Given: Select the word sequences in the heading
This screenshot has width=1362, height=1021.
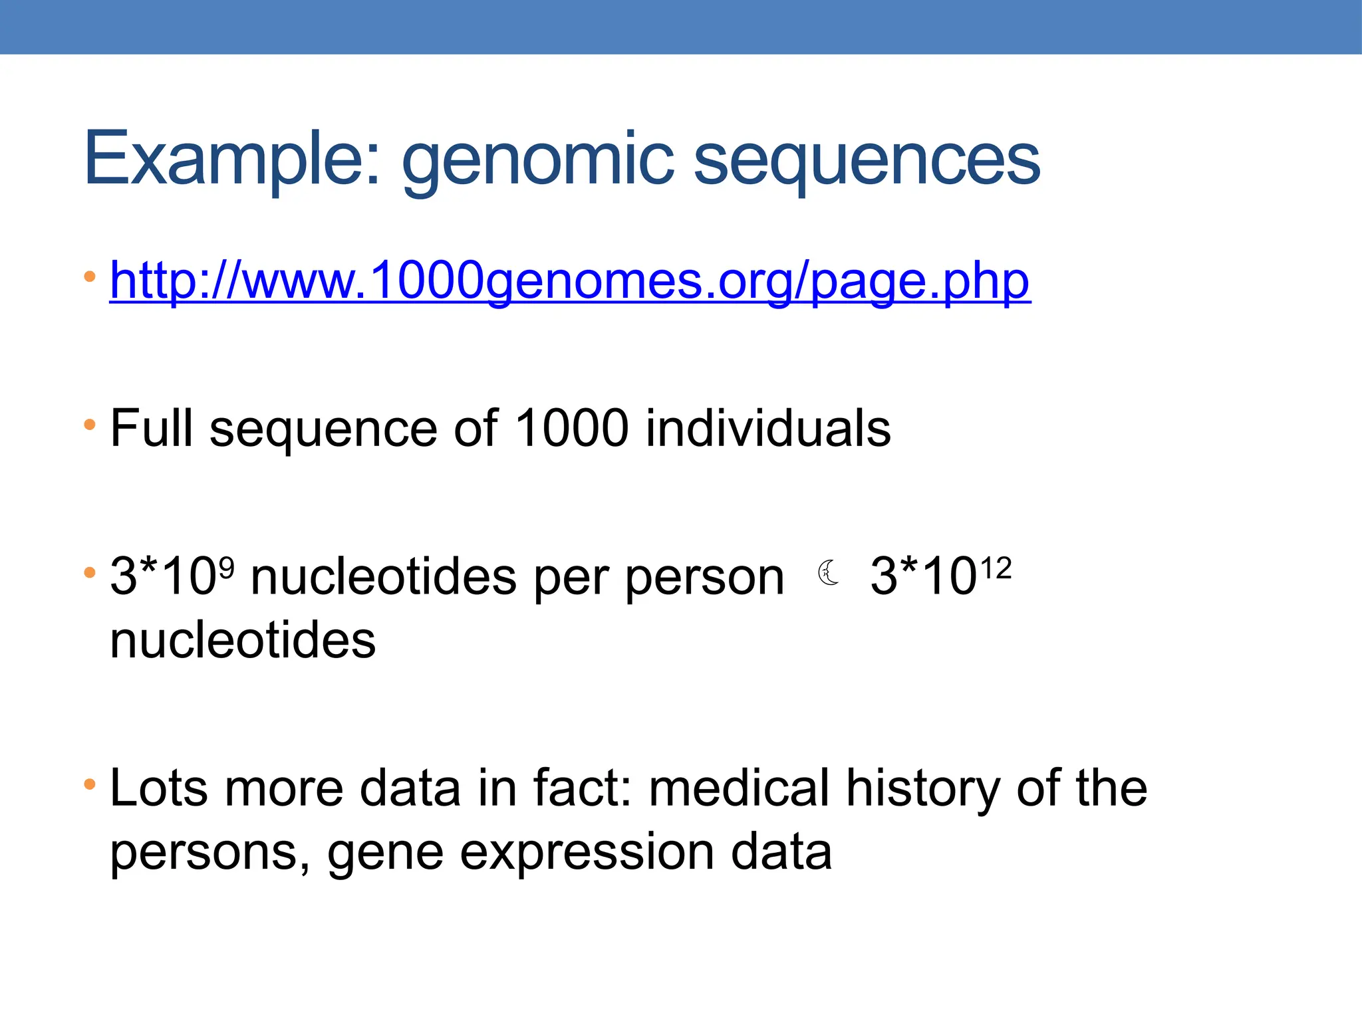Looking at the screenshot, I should click(x=867, y=163).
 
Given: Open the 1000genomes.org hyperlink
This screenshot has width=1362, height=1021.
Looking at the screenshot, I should click(x=570, y=282).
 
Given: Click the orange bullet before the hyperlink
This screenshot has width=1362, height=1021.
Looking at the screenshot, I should click(x=90, y=276).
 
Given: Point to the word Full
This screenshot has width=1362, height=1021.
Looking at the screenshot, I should click(x=151, y=428).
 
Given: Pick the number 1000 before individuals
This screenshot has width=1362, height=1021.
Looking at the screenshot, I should click(x=571, y=428).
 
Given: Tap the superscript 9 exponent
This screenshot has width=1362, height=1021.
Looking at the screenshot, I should click(x=227, y=567).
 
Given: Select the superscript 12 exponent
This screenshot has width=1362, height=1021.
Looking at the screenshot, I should click(x=996, y=568).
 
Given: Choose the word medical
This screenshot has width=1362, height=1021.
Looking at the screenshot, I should click(x=739, y=788).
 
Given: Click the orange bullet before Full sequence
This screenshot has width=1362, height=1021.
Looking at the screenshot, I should click(x=90, y=424).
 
